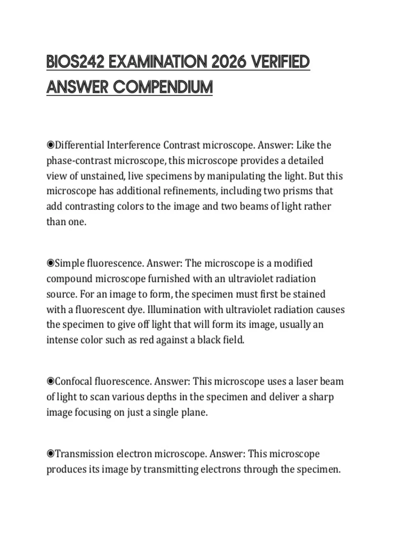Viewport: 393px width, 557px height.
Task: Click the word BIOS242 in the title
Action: click(x=75, y=62)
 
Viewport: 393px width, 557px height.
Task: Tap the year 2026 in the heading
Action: click(x=228, y=62)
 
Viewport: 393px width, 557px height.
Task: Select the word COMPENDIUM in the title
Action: click(x=163, y=87)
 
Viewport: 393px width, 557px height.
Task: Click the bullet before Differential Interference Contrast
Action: click(x=50, y=145)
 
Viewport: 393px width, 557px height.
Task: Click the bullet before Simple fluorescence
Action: click(x=50, y=263)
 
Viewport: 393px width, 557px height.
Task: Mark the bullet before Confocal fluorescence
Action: click(x=50, y=381)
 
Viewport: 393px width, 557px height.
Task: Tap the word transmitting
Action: click(x=171, y=470)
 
